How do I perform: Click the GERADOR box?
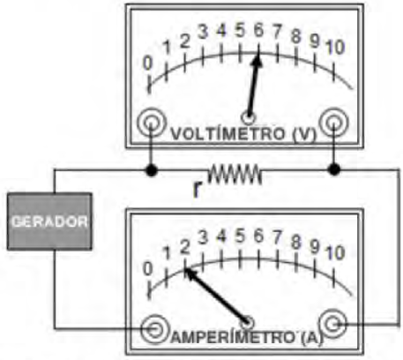coord(49,221)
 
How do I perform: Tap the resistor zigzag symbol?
coord(235,174)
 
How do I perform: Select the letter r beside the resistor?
coord(198,190)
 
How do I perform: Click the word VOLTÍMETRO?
coord(228,134)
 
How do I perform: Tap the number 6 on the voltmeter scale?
coord(258,30)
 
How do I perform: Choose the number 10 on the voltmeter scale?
coord(334,48)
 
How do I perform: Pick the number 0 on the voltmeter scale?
coord(147,64)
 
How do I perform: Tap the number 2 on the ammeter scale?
coord(184,248)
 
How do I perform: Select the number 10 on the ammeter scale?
coord(334,253)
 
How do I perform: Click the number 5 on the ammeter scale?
coord(240,236)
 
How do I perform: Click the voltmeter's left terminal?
coord(152,123)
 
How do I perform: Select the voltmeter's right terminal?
coord(333,123)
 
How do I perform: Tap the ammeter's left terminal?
coord(155,329)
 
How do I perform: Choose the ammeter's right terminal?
coord(333,324)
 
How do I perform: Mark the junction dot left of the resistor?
coord(152,170)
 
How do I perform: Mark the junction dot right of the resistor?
coord(334,169)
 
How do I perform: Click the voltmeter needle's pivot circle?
coord(249,118)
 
